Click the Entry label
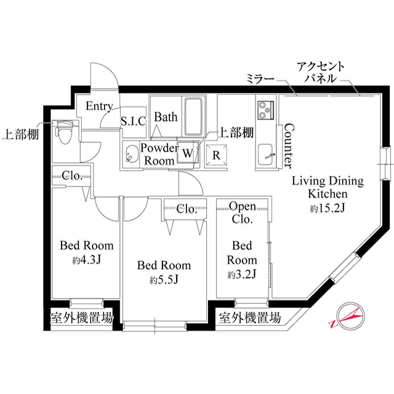point(98,106)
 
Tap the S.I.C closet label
point(132,121)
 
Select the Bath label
point(166,116)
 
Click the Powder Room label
point(159,154)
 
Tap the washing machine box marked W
point(187,151)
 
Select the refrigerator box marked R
point(216,155)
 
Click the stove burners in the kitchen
point(266,111)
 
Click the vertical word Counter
point(287,146)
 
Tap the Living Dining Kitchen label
point(327,187)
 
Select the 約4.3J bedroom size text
point(86,260)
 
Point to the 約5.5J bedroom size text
point(163,280)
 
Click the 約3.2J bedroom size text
point(241,273)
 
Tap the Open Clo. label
point(243,212)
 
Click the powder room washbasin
point(131,155)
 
